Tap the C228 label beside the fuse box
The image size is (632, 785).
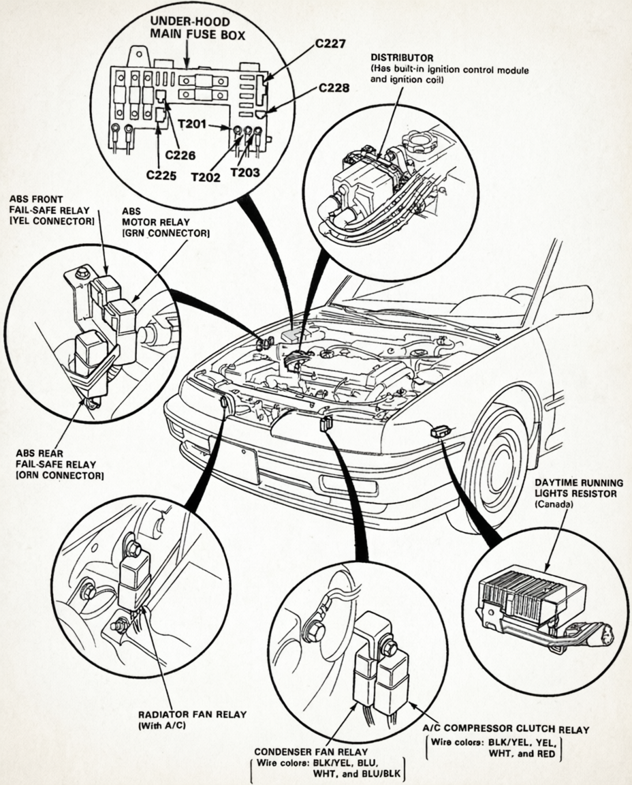333,87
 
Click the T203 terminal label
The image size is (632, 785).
245,172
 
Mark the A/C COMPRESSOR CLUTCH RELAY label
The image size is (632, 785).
505,729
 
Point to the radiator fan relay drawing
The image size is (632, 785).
135,581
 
